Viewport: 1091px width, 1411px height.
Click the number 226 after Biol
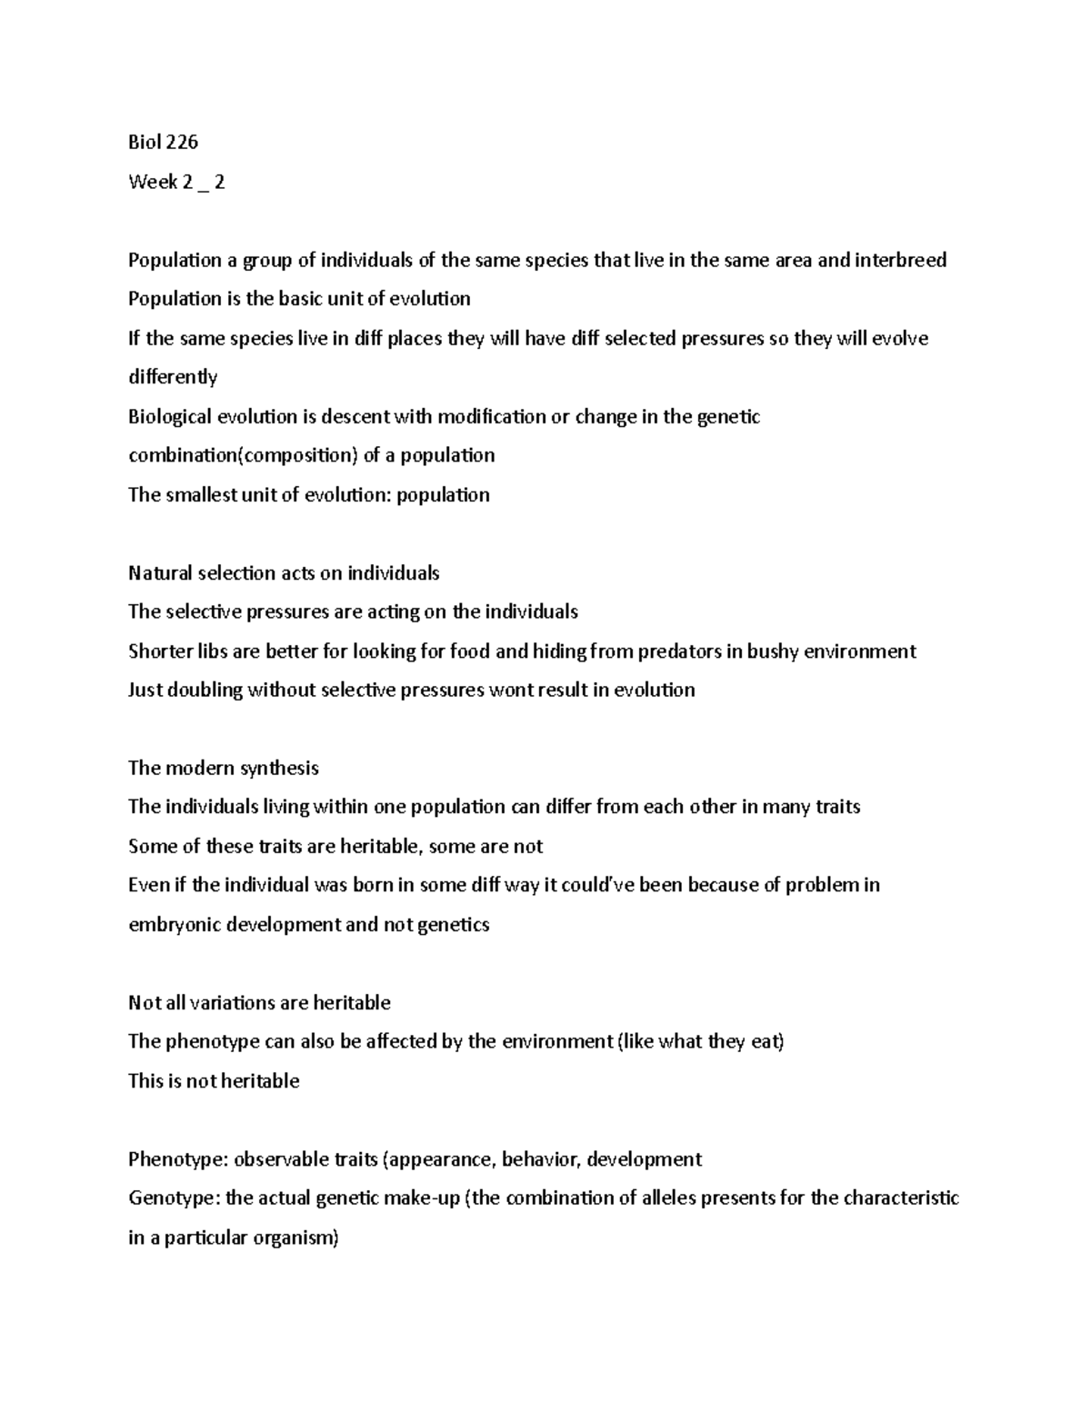click(182, 143)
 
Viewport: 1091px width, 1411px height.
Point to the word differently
click(173, 377)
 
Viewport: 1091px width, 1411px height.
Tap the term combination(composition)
click(244, 455)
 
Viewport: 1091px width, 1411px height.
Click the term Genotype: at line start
click(174, 1198)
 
